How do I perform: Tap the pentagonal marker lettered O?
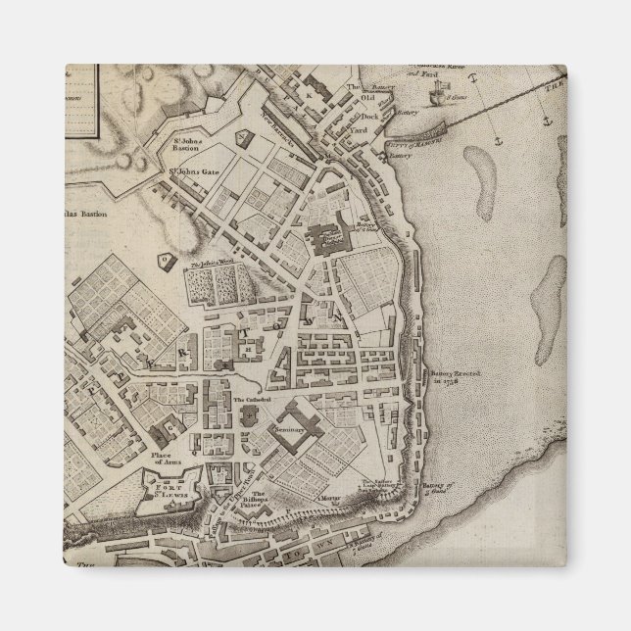(x=166, y=261)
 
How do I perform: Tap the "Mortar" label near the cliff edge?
(x=332, y=498)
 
